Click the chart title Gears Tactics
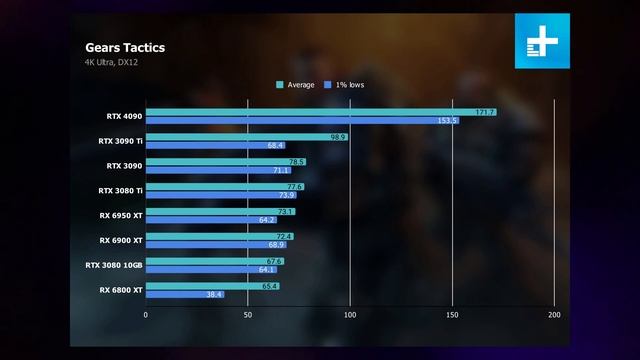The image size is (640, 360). click(x=125, y=47)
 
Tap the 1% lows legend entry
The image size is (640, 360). click(x=344, y=85)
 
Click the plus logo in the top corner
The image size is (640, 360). click(x=541, y=42)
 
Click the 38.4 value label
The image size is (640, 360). click(x=214, y=294)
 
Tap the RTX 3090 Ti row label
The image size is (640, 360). click(x=121, y=141)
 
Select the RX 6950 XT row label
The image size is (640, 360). click(x=121, y=215)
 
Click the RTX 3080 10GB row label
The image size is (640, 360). click(x=115, y=265)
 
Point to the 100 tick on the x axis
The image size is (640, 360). click(x=350, y=314)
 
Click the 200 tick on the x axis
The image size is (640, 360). click(x=554, y=314)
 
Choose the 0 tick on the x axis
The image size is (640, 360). click(x=146, y=314)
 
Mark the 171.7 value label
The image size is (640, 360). click(x=486, y=112)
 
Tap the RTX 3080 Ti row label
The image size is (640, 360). click(x=121, y=190)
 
